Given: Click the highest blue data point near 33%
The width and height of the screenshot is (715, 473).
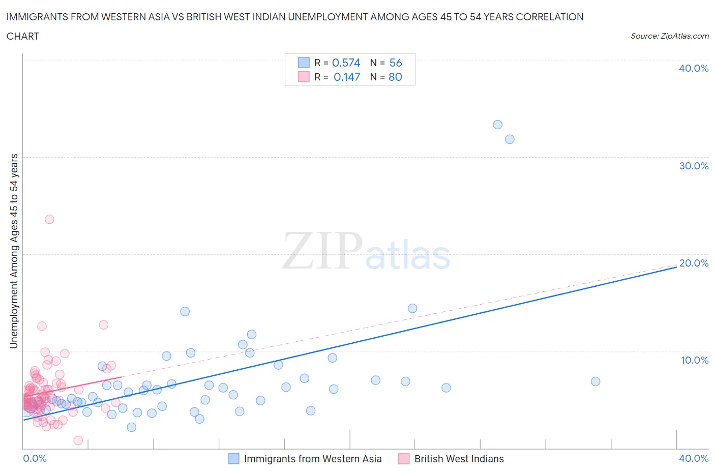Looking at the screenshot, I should tap(497, 125).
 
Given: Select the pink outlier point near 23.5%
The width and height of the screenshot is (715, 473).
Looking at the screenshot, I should tap(49, 219).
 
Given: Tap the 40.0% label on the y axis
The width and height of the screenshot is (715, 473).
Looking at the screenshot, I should tap(693, 68).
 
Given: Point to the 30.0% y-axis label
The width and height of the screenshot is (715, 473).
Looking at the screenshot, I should tap(693, 166).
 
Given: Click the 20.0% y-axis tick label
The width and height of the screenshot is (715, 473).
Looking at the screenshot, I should tap(693, 263).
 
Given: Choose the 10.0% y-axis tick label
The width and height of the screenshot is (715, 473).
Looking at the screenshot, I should tap(694, 360).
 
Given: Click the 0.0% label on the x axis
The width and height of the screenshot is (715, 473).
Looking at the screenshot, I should tap(35, 458).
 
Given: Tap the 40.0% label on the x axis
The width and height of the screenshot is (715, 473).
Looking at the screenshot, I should tap(694, 458).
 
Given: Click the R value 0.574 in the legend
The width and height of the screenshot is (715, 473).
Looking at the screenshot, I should tap(346, 63).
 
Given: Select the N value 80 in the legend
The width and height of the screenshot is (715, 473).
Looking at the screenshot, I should tap(395, 77).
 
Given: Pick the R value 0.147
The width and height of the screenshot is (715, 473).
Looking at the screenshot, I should tap(347, 77).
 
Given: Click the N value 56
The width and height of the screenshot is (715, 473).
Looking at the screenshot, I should tap(395, 63).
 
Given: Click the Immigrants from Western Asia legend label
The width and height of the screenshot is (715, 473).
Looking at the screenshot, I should tap(312, 459).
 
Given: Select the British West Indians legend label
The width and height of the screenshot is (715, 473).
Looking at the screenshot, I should tap(459, 459).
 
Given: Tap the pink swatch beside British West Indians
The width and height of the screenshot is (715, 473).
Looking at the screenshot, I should tap(404, 459).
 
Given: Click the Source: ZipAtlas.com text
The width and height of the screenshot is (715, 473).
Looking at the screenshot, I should tap(669, 36).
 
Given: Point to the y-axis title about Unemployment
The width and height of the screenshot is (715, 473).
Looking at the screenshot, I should tap(14, 251).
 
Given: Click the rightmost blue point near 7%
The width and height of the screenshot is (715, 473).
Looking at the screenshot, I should tap(595, 381).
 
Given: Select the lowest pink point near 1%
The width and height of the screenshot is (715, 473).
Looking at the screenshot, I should tap(78, 440).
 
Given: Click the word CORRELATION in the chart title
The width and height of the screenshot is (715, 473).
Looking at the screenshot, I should tap(550, 17).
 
